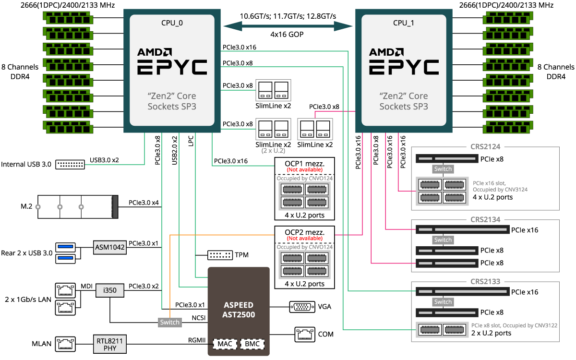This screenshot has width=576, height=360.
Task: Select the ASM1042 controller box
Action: pyautogui.click(x=110, y=248)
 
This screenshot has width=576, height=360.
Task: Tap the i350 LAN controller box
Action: pyautogui.click(x=110, y=290)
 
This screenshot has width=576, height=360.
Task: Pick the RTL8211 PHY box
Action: pyautogui.click(x=110, y=344)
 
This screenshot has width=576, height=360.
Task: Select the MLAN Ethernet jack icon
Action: pyautogui.click(x=65, y=344)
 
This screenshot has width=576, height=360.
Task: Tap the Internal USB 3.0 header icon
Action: pyautogui.click(x=70, y=164)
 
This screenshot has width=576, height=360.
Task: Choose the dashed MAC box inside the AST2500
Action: pyautogui.click(x=224, y=344)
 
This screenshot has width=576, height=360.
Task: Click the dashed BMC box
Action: pyautogui.click(x=252, y=344)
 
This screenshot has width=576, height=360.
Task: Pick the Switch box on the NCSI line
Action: pyautogui.click(x=170, y=322)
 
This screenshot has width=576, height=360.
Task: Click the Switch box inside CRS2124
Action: pyautogui.click(x=443, y=169)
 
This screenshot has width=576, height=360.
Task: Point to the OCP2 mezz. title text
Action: pyautogui.click(x=304, y=232)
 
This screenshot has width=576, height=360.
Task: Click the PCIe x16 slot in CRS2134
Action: pyautogui.click(x=462, y=230)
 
